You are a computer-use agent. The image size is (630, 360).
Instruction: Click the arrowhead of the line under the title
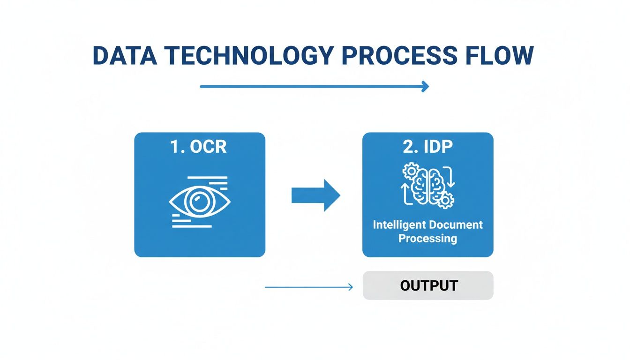(425, 86)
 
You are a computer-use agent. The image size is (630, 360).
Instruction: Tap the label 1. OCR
(199, 147)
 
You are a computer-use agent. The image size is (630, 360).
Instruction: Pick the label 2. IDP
(427, 147)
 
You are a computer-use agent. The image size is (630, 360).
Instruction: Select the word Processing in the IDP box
(427, 238)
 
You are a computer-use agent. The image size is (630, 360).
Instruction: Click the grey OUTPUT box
(428, 285)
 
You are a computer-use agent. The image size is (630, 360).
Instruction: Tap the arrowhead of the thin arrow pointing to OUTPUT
(350, 287)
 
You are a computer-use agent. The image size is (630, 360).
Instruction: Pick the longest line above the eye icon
(207, 178)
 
